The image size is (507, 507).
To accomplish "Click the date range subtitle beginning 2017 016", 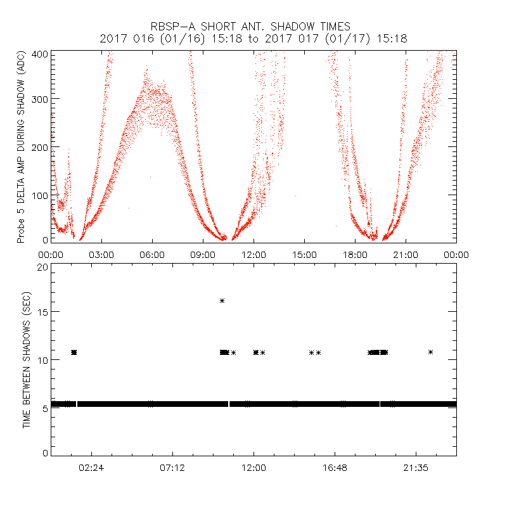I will (x=253, y=39).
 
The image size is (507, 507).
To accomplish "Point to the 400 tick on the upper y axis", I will (x=41, y=55).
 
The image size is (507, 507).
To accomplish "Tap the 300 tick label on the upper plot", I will (x=41, y=99).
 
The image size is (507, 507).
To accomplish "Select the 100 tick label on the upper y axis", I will (x=41, y=195).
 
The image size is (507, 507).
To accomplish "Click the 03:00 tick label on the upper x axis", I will (x=101, y=255).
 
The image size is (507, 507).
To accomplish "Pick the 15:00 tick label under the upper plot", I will (x=304, y=255).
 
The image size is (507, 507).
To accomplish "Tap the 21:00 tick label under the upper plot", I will (x=406, y=255).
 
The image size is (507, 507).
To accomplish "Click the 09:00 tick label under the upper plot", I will (x=203, y=255).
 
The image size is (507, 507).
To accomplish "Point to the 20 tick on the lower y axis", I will (x=43, y=267).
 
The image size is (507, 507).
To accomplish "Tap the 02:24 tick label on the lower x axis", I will (x=91, y=468).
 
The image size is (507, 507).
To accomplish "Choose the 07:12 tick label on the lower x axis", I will (x=172, y=468).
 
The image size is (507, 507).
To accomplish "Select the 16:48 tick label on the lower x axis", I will (x=335, y=468).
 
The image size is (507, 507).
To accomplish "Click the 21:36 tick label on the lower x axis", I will (x=416, y=468).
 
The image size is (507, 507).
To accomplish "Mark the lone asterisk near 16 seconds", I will (x=222, y=300).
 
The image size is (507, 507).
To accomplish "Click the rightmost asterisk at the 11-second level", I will (x=431, y=352).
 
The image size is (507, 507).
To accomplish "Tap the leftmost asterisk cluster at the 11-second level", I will (x=74, y=352).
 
